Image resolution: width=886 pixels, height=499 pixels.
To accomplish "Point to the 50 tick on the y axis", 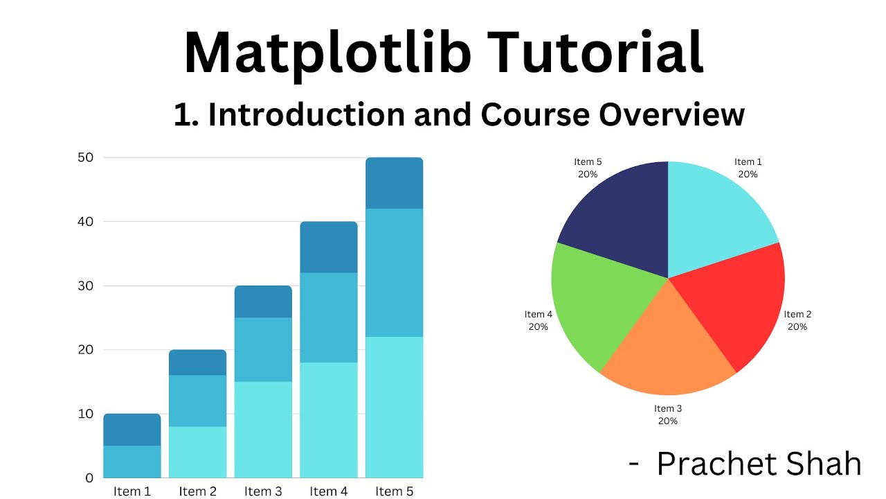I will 84,157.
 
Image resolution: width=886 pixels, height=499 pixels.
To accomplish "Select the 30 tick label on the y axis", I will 84,286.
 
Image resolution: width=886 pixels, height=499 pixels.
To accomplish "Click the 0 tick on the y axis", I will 89,478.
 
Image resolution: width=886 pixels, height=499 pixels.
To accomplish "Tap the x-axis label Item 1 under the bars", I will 132,491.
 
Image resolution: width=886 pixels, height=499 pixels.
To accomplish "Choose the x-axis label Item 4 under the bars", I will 329,491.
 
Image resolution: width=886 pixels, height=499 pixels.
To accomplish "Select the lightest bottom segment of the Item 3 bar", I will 263,430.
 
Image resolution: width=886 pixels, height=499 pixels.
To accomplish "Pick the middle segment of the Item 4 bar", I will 329,317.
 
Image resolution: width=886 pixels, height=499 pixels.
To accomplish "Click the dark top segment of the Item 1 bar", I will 132,430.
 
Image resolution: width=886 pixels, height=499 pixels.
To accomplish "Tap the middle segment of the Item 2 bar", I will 197,401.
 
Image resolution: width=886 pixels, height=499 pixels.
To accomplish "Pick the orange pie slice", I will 664,347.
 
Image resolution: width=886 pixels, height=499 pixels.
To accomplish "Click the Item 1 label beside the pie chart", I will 748,162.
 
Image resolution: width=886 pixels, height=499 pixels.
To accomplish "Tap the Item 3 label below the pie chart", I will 668,409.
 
